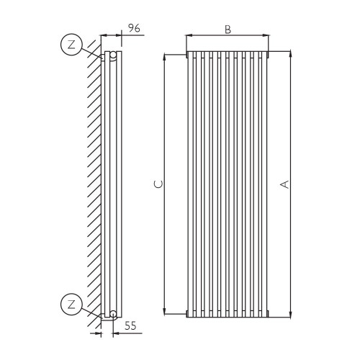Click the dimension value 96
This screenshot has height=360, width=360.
point(133,28)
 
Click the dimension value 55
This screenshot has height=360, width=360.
point(130,326)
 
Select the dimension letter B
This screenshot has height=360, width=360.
point(228,29)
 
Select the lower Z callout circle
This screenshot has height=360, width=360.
point(71,303)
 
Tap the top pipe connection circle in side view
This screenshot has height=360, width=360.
point(112,55)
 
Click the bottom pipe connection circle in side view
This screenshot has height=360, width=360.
point(112,312)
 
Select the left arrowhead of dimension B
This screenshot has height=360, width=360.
point(189,35)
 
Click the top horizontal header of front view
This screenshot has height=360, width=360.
point(228,53)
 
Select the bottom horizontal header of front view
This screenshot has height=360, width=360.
point(228,315)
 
